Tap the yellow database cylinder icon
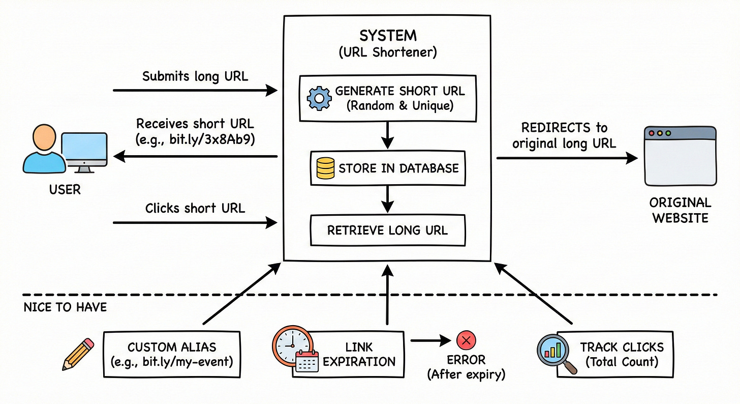point(325,168)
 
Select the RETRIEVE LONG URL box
point(387,230)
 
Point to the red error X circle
point(466,339)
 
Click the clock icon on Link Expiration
point(290,344)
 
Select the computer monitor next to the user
point(84,152)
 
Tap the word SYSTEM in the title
point(387,36)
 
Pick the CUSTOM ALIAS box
point(172,355)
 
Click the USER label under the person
point(65,190)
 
